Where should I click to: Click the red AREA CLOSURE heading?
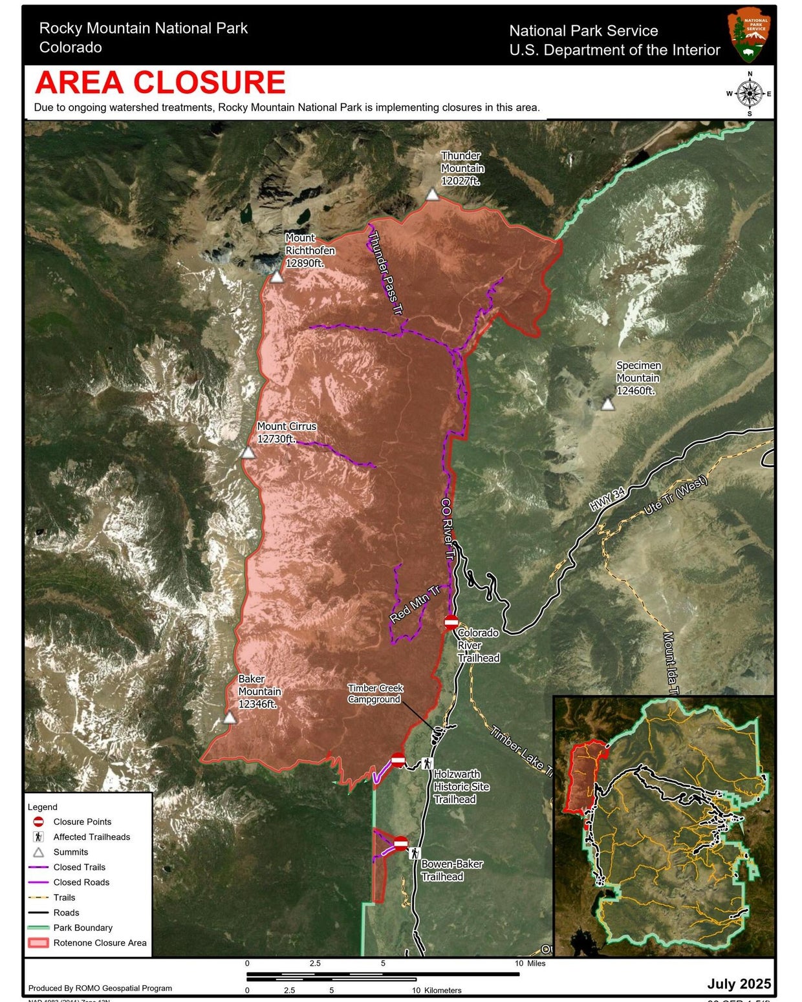[x=160, y=83]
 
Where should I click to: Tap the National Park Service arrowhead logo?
[x=748, y=35]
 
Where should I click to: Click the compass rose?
[x=750, y=94]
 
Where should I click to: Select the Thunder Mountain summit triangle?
[x=432, y=195]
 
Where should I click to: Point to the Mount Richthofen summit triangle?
[x=277, y=277]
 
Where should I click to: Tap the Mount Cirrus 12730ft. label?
[x=287, y=432]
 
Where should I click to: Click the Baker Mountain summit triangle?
[x=230, y=718]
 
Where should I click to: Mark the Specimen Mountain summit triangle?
[x=607, y=405]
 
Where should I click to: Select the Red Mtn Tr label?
[x=415, y=604]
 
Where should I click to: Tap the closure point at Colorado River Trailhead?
[x=451, y=623]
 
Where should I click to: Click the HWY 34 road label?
[x=607, y=499]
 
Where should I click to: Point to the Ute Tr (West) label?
[x=675, y=495]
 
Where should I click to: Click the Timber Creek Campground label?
[x=375, y=694]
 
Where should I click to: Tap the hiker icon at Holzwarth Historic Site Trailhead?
[x=427, y=763]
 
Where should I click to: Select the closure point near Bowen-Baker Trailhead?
[x=401, y=843]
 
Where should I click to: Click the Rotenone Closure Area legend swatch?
[x=38, y=943]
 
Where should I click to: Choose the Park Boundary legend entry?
[x=83, y=928]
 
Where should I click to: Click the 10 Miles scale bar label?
[x=530, y=963]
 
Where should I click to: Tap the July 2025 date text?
[x=739, y=983]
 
